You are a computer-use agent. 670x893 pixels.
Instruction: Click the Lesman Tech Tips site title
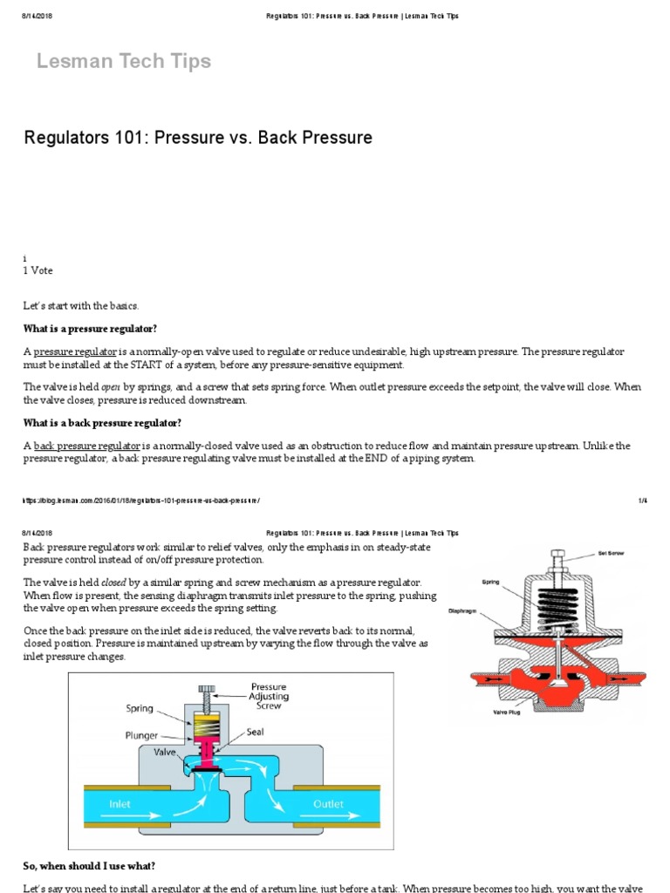[123, 61]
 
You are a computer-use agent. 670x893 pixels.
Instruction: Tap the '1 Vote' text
[38, 271]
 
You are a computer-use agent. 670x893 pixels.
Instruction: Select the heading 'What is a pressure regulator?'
[90, 328]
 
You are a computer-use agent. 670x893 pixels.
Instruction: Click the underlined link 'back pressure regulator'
[87, 446]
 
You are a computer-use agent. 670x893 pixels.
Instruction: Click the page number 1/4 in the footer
[642, 501]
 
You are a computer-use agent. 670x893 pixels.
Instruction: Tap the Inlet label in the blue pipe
[120, 803]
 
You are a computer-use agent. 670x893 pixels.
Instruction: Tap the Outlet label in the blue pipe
[329, 803]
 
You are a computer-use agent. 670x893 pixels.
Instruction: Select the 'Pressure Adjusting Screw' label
[269, 697]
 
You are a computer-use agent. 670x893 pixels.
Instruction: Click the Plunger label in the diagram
[141, 735]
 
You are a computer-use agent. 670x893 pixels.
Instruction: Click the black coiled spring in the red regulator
[555, 601]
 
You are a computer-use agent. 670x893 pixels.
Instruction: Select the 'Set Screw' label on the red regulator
[609, 553]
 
